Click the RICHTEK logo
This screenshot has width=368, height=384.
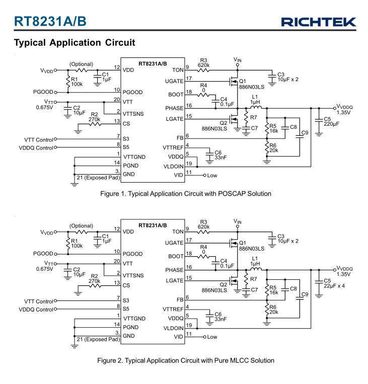319,22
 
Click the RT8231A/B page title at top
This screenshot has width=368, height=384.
50,21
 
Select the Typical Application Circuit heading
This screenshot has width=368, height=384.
75,42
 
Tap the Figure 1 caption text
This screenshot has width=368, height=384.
186,193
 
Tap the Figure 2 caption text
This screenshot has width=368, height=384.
186,360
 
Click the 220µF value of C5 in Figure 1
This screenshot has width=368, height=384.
331,124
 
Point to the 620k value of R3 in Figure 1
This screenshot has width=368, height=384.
204,65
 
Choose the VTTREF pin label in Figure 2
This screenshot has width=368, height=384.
173,309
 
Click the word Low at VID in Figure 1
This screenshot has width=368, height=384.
212,175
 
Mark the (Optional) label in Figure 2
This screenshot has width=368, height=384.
82,225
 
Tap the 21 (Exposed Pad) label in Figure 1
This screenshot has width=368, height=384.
98,178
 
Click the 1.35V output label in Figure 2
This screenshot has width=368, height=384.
343,274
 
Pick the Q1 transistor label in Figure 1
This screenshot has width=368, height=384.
242,81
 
